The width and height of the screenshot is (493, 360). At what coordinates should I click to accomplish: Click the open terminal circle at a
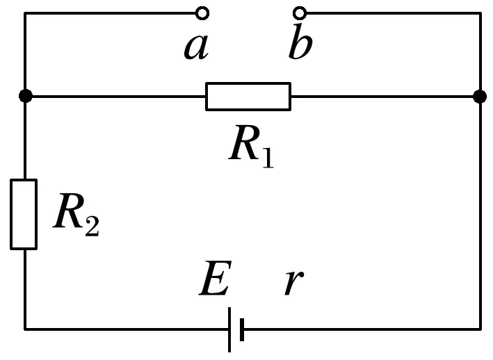click(x=202, y=13)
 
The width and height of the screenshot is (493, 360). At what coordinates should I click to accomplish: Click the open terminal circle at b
click(x=300, y=13)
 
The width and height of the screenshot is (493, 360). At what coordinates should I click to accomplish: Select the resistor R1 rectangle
click(x=248, y=97)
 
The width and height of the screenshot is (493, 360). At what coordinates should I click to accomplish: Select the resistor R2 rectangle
click(x=24, y=213)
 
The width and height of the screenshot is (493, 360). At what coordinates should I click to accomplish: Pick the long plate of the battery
click(x=229, y=329)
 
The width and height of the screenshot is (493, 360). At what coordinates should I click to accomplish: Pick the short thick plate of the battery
click(x=241, y=329)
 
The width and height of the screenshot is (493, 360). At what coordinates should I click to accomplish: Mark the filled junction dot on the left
click(x=25, y=97)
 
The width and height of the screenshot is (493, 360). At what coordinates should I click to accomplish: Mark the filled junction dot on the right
click(x=479, y=97)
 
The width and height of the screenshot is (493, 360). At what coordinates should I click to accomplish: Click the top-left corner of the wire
click(x=25, y=13)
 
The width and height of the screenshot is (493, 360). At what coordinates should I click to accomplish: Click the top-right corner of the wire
click(x=479, y=13)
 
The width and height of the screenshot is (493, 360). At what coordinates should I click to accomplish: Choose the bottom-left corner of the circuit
click(x=25, y=328)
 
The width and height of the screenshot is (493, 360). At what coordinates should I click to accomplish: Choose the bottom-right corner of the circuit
click(x=479, y=328)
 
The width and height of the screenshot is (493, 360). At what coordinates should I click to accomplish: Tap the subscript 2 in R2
click(x=92, y=227)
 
